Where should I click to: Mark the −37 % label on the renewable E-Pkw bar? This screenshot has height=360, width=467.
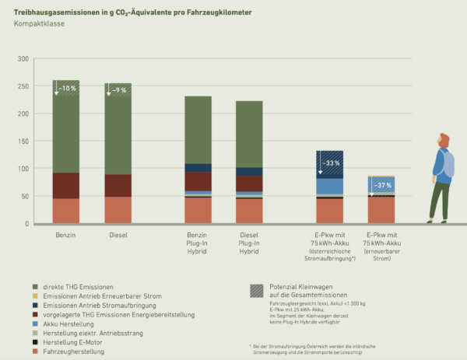382,186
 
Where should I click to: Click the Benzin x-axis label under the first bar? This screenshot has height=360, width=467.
65,234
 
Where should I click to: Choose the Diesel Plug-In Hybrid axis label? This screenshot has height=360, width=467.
249,243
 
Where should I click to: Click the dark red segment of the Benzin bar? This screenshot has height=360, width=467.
65,185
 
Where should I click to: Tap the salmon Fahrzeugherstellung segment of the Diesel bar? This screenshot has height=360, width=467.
118,210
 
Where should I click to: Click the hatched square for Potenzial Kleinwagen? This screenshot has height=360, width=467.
257,291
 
